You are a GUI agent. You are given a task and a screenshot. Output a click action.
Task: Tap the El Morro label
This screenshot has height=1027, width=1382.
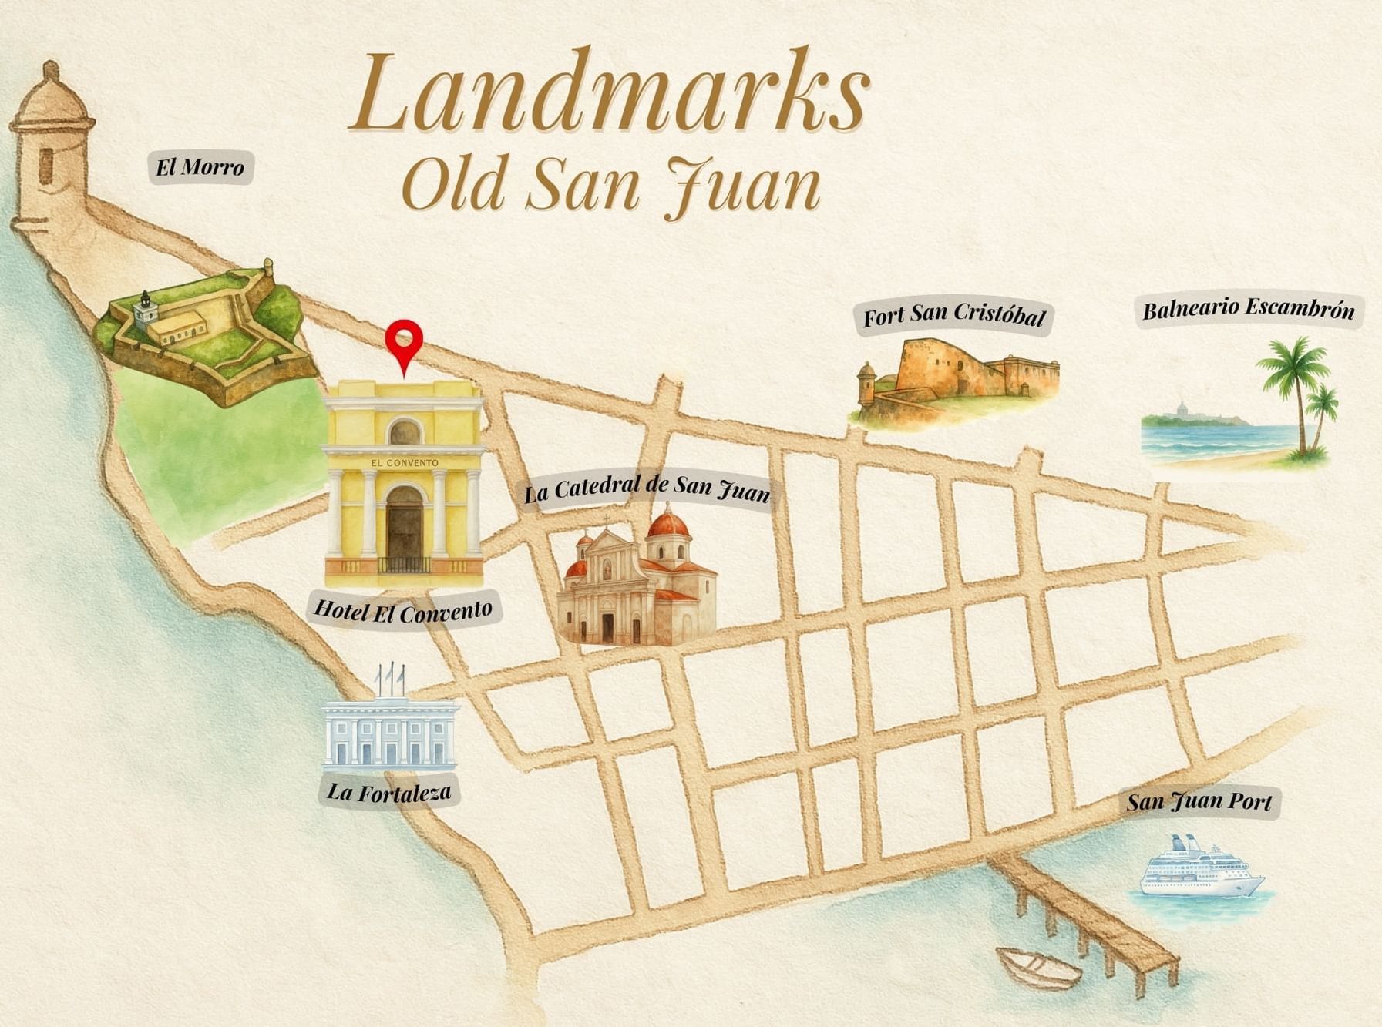[200, 167]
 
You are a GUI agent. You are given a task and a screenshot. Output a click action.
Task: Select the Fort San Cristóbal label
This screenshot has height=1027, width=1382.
[953, 315]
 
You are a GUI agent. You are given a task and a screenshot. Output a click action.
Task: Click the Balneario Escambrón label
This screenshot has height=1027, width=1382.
[1248, 310]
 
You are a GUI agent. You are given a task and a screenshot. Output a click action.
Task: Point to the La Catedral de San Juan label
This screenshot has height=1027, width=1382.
[647, 488]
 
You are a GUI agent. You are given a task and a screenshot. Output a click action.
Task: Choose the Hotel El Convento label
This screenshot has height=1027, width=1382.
[403, 611]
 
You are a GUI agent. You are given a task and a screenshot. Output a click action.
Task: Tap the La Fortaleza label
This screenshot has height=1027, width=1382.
[388, 792]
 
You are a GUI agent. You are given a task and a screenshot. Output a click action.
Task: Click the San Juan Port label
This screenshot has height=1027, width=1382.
[1199, 802]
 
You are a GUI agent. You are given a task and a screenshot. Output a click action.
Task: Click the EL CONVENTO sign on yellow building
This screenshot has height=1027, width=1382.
[404, 463]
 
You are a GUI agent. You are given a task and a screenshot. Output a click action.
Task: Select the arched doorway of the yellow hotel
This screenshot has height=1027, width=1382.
[404, 528]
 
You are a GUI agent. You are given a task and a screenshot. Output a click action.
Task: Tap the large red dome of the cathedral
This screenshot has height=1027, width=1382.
[667, 525]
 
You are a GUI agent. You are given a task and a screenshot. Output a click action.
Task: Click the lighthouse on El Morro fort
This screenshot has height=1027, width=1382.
[144, 311]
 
